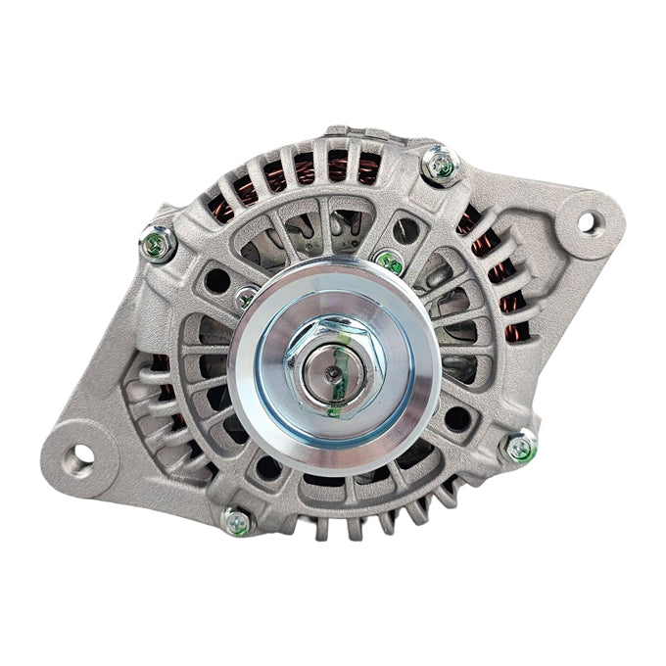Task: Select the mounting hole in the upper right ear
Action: click(x=586, y=222)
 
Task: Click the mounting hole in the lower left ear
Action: click(x=78, y=454)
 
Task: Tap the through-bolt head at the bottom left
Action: click(x=235, y=520)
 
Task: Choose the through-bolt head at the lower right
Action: click(x=519, y=448)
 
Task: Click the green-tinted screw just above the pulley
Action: click(x=390, y=262)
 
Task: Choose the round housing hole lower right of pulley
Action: click(x=457, y=419)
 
